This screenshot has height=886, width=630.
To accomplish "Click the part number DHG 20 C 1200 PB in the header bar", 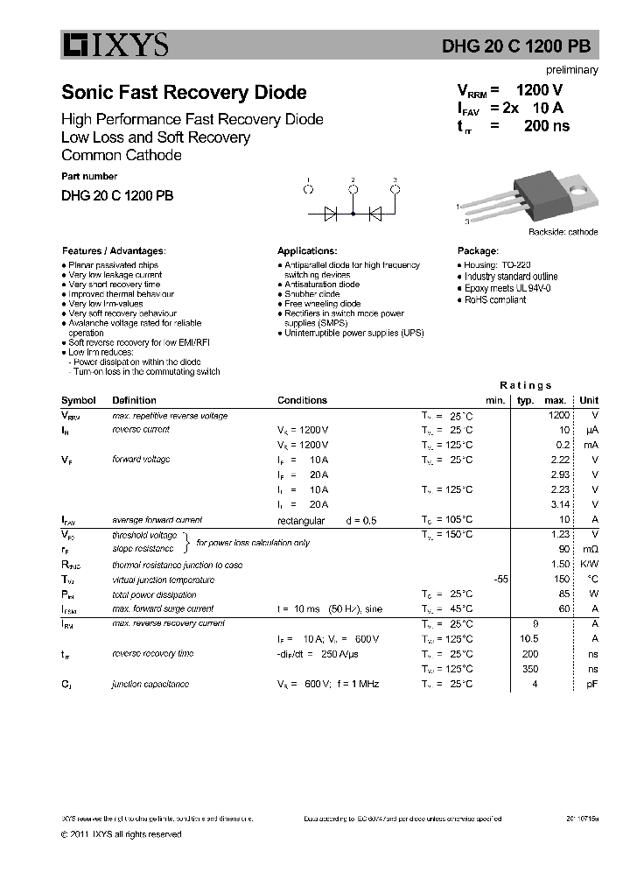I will tap(524, 48).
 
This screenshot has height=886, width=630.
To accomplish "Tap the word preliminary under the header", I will tap(572, 70).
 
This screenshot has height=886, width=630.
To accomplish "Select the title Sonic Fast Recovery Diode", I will tap(184, 92).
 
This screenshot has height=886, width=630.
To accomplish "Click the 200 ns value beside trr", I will tap(546, 126).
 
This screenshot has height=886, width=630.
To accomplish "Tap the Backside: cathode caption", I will tap(563, 232).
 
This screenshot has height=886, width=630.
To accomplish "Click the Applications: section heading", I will tap(307, 250).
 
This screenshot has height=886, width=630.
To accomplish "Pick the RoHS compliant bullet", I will tap(494, 299).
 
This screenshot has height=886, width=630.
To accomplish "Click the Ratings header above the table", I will tap(525, 385).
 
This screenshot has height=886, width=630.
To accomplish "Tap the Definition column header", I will tap(134, 400).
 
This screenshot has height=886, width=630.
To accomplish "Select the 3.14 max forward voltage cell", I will tap(559, 504).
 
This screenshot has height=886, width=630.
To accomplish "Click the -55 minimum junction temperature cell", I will tap(500, 580).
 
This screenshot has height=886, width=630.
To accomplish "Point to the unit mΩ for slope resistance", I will tap(590, 550).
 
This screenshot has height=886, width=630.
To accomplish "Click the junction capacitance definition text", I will tap(150, 684).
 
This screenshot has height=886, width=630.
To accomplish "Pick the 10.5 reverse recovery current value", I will tap(528, 639).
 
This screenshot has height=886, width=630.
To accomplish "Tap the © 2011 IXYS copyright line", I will tap(122, 834).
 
